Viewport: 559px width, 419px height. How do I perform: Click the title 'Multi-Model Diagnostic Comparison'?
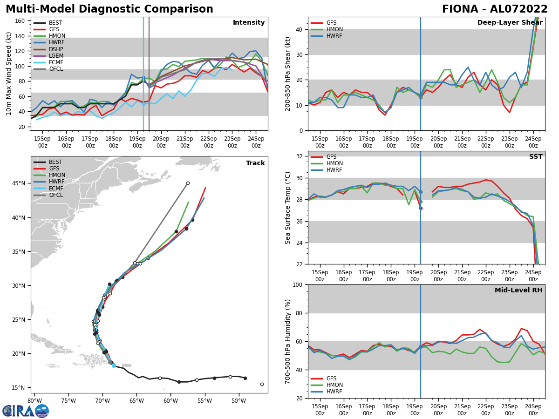click(x=109, y=9)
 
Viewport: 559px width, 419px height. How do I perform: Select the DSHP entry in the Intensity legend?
click(x=56, y=49)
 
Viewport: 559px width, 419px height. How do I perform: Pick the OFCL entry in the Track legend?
click(x=56, y=195)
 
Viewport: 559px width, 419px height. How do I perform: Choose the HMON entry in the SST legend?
click(x=334, y=163)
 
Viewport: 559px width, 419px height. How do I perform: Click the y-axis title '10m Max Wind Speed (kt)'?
click(x=9, y=74)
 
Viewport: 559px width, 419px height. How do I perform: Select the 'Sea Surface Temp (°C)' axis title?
click(x=288, y=208)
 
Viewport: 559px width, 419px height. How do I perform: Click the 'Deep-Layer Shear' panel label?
click(x=510, y=23)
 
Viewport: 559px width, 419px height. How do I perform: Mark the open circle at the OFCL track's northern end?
click(x=188, y=183)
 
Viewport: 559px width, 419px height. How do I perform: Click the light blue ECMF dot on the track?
click(x=114, y=365)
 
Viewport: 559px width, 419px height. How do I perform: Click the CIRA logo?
click(x=25, y=411)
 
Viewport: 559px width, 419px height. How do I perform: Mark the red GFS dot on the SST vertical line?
click(x=421, y=208)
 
